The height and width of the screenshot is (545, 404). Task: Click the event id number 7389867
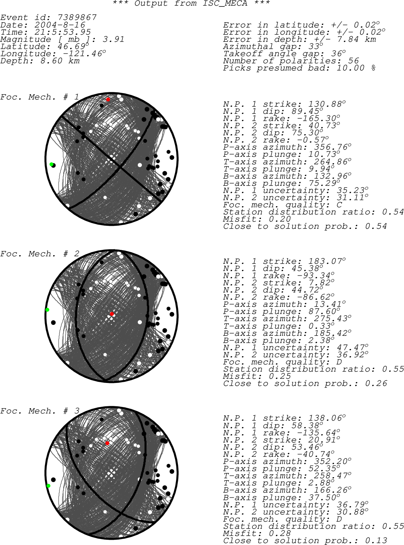pyautogui.click(x=77, y=17)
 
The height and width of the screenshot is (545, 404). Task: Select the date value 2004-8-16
pyautogui.click(x=60, y=25)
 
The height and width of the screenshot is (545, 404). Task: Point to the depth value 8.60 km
pyautogui.click(x=60, y=61)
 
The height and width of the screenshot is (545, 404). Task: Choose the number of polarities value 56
pyautogui.click(x=353, y=60)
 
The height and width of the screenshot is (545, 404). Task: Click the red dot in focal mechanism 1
pyautogui.click(x=108, y=100)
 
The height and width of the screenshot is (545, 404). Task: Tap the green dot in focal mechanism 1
pyautogui.click(x=51, y=164)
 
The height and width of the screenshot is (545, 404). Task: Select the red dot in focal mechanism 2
pyautogui.click(x=112, y=314)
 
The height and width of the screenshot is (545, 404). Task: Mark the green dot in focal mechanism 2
pyautogui.click(x=47, y=309)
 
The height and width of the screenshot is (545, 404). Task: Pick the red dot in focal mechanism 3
pyautogui.click(x=107, y=443)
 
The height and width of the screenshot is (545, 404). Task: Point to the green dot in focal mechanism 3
pyautogui.click(x=48, y=486)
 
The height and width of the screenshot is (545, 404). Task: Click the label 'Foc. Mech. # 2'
pyautogui.click(x=39, y=254)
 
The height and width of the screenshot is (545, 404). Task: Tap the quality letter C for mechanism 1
pyautogui.click(x=339, y=205)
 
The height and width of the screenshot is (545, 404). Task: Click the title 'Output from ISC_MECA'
pyautogui.click(x=191, y=3)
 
